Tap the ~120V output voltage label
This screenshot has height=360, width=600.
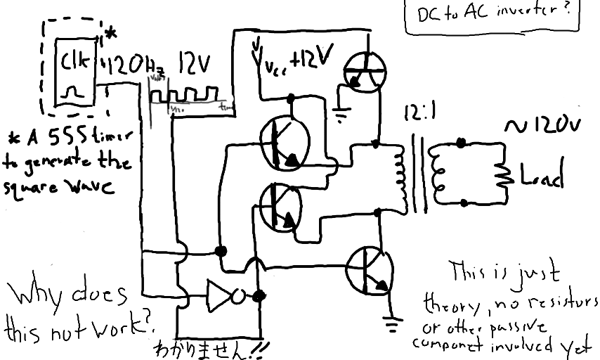543,124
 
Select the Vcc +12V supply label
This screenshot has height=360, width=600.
292,63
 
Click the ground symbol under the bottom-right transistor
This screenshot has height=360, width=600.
393,325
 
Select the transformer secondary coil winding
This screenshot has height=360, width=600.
441,172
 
